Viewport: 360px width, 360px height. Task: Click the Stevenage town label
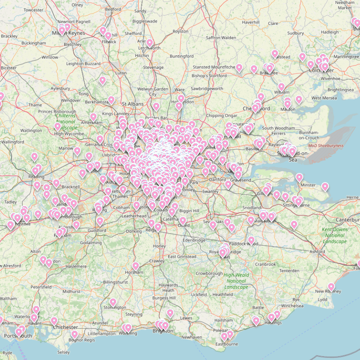coord(153,68)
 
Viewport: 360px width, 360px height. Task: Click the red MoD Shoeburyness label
coord(326,146)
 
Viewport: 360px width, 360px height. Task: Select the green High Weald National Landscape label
coord(236,281)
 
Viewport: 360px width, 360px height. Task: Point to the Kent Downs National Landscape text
coord(335,235)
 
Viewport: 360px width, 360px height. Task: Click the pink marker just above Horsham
coord(136,266)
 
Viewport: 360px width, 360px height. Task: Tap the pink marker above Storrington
coord(113,302)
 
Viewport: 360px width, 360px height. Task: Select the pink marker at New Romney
coord(331,287)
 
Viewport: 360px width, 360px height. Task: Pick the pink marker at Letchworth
coord(150,43)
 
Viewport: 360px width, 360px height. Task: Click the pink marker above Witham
coord(281,87)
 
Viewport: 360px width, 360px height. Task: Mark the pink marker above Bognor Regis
coord(75,334)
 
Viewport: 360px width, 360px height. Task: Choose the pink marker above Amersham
coord(93,117)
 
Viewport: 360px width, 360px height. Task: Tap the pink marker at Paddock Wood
coord(251,240)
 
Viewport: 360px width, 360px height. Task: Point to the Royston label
coord(180,31)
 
